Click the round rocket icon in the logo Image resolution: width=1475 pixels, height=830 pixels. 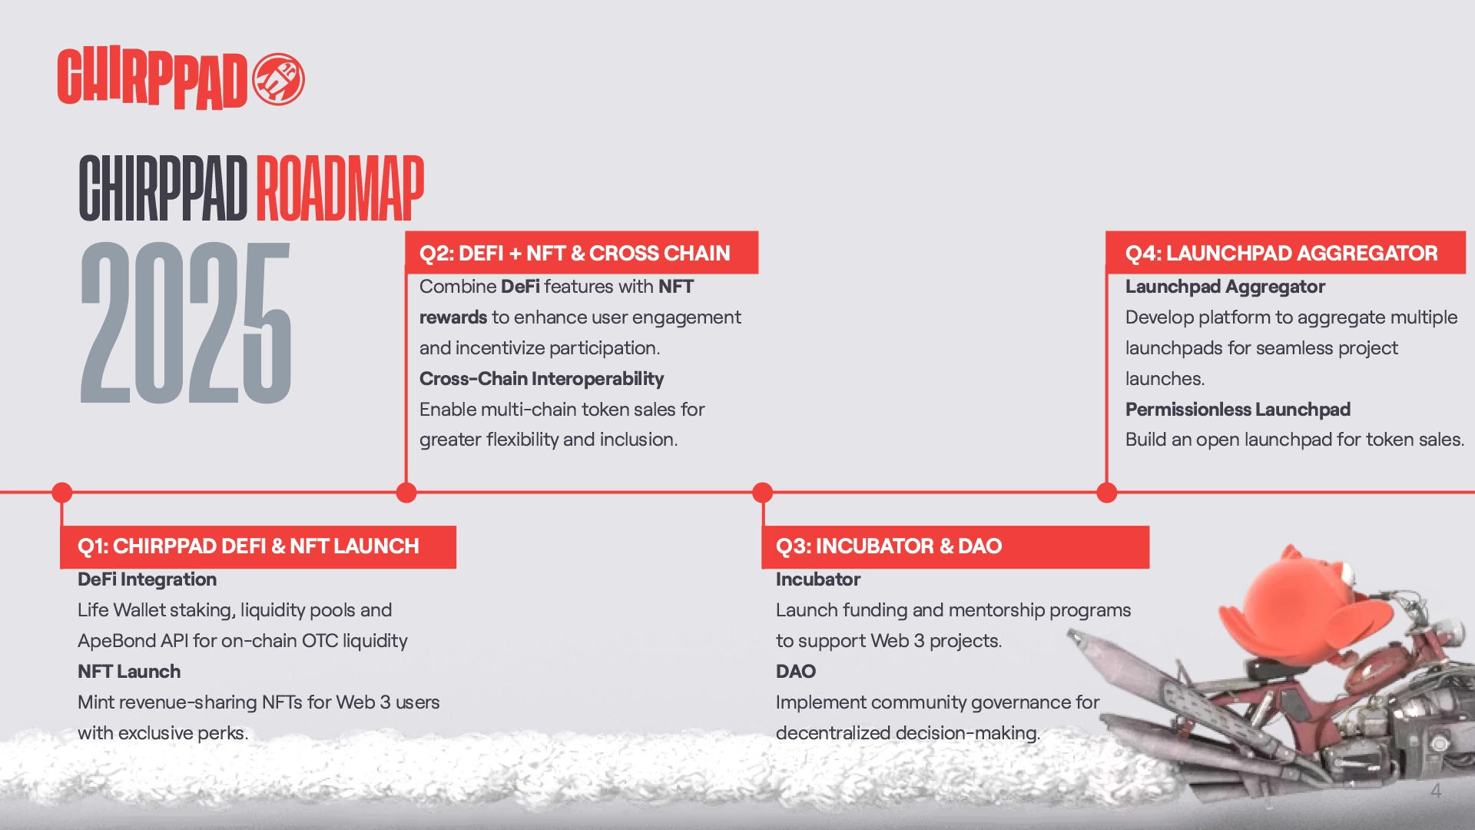click(278, 79)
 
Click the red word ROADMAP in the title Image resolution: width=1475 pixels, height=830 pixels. click(340, 188)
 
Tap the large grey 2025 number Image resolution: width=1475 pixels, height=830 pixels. click(186, 323)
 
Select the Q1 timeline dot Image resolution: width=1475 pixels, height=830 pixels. click(62, 493)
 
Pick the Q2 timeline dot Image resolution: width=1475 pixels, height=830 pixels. click(406, 493)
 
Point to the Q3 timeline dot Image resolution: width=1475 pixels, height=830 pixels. click(762, 493)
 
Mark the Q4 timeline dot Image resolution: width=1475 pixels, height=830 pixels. click(1107, 493)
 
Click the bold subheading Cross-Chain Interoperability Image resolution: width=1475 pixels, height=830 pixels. click(542, 379)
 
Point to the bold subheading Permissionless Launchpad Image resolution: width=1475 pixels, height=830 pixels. click(1238, 410)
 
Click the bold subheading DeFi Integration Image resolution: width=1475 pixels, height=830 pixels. click(147, 579)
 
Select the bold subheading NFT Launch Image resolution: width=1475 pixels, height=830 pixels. click(129, 672)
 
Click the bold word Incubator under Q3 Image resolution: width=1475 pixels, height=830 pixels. click(818, 579)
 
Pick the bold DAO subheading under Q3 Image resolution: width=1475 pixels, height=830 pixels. click(796, 672)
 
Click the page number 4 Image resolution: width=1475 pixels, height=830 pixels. click(1436, 791)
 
